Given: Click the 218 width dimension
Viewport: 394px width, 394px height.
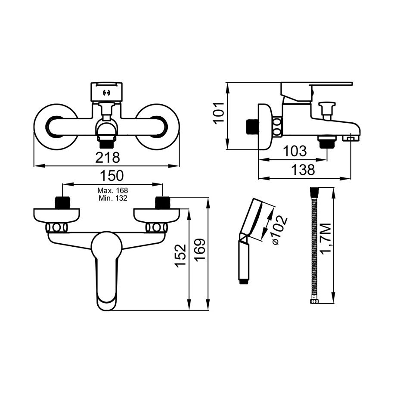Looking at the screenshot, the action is click(x=108, y=158).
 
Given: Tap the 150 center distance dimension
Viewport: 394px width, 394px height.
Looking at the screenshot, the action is click(x=112, y=176).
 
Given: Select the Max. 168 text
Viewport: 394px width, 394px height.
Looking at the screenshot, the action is click(x=112, y=190).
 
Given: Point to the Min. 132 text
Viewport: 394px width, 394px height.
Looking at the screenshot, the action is click(x=113, y=198).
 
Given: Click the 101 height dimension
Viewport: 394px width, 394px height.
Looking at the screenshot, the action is click(x=219, y=112).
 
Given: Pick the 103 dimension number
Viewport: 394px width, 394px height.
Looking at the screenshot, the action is click(x=295, y=151).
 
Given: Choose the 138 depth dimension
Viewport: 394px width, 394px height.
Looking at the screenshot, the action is click(x=303, y=170).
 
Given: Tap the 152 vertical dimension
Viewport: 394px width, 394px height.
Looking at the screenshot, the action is click(x=181, y=255).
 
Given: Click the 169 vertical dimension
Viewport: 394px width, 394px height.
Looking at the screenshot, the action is click(x=200, y=250).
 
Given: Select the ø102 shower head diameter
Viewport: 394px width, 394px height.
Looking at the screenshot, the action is click(x=279, y=230).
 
